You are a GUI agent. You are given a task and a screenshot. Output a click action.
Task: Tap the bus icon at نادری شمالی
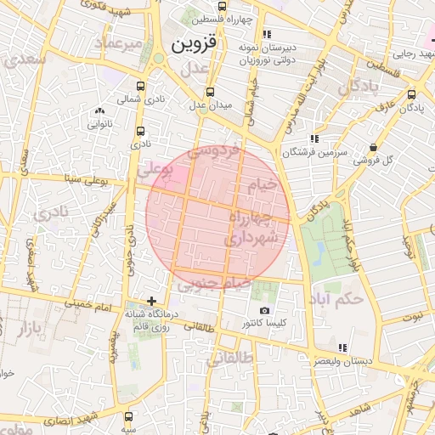[140, 86]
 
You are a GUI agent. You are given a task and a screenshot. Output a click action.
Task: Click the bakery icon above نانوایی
[100, 110]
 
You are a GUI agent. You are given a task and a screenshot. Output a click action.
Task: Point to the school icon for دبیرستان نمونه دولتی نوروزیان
[268, 35]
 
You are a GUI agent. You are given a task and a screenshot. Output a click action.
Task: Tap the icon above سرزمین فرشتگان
[314, 138]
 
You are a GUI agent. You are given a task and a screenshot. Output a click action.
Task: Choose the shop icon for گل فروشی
[375, 147]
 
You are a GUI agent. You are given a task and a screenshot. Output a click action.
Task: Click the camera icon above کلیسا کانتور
[264, 311]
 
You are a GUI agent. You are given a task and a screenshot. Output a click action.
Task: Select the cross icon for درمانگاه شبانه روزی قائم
[151, 301]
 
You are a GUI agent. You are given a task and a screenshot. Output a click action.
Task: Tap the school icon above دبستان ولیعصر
[342, 347]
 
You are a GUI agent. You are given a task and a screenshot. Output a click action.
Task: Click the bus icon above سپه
[129, 417]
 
